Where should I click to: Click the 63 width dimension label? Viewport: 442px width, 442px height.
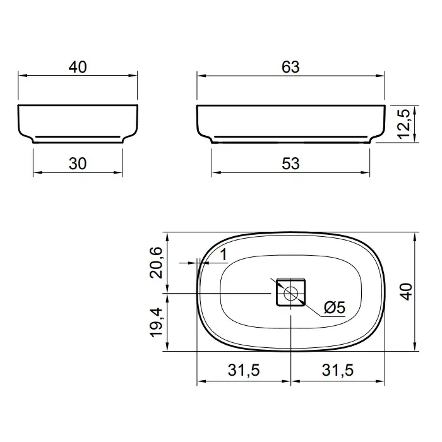pos(290,67)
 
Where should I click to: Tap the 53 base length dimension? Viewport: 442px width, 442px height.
pos(290,164)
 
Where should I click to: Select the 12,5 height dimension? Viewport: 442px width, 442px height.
pos(403,124)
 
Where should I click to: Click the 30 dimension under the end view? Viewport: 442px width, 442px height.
pos(78,164)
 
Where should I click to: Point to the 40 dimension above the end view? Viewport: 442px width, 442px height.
pos(78,67)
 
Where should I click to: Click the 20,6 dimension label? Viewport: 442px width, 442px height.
pos(156,263)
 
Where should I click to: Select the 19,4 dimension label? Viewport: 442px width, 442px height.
pos(156,323)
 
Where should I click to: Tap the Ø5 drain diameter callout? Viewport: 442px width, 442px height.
pos(334,308)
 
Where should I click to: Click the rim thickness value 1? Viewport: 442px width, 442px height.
pos(224,254)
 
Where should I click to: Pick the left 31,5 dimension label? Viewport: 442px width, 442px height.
pos(244,370)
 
